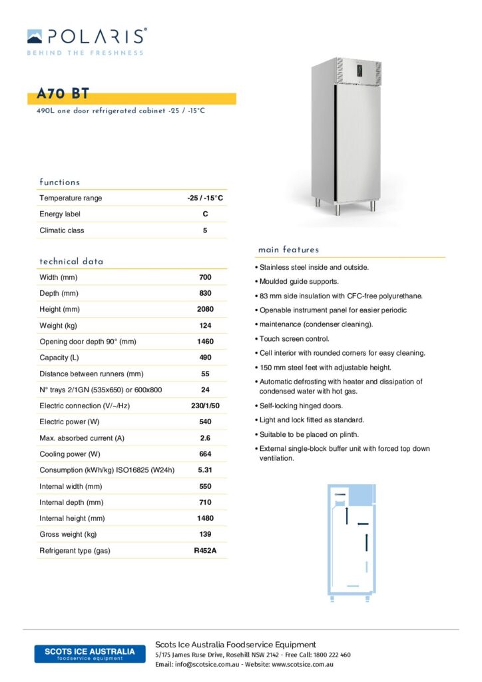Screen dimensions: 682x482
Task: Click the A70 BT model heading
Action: pos(64,94)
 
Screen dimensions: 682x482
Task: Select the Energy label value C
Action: pos(205,214)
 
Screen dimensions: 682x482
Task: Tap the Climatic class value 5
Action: pos(205,230)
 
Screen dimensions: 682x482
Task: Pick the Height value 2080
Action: pos(205,310)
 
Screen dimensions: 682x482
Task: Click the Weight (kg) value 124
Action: pos(205,326)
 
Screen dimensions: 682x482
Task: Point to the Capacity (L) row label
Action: pos(59,358)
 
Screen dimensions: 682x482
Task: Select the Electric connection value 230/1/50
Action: pos(205,406)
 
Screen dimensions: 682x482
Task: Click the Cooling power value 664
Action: pos(205,454)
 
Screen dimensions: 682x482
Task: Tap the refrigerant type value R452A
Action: pos(205,551)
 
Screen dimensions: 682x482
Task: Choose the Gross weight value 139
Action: pos(205,534)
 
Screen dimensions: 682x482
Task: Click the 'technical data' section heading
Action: pos(71,262)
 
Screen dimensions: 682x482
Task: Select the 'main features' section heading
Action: pos(288,250)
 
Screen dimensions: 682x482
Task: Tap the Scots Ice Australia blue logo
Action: pos(89,653)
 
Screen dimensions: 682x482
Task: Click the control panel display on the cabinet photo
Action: pos(360,69)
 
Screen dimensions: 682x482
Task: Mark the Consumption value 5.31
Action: pos(205,470)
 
